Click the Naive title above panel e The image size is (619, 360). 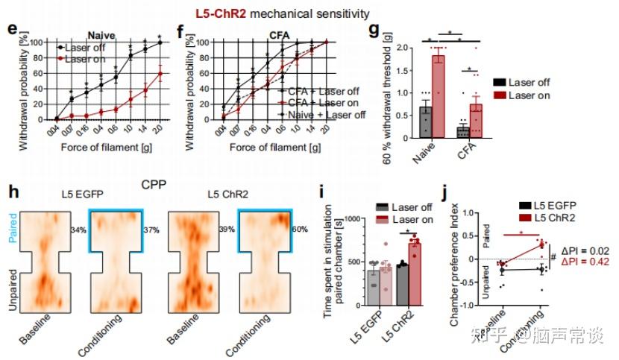tap(103, 34)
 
